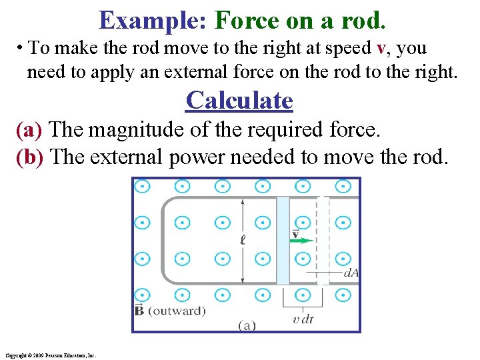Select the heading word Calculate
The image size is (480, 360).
(239, 101)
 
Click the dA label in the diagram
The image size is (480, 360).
(350, 272)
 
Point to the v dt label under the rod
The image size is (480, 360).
(303, 319)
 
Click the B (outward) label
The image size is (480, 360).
(170, 311)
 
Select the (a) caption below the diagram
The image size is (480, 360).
(246, 325)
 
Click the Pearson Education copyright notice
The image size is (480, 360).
(50, 355)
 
